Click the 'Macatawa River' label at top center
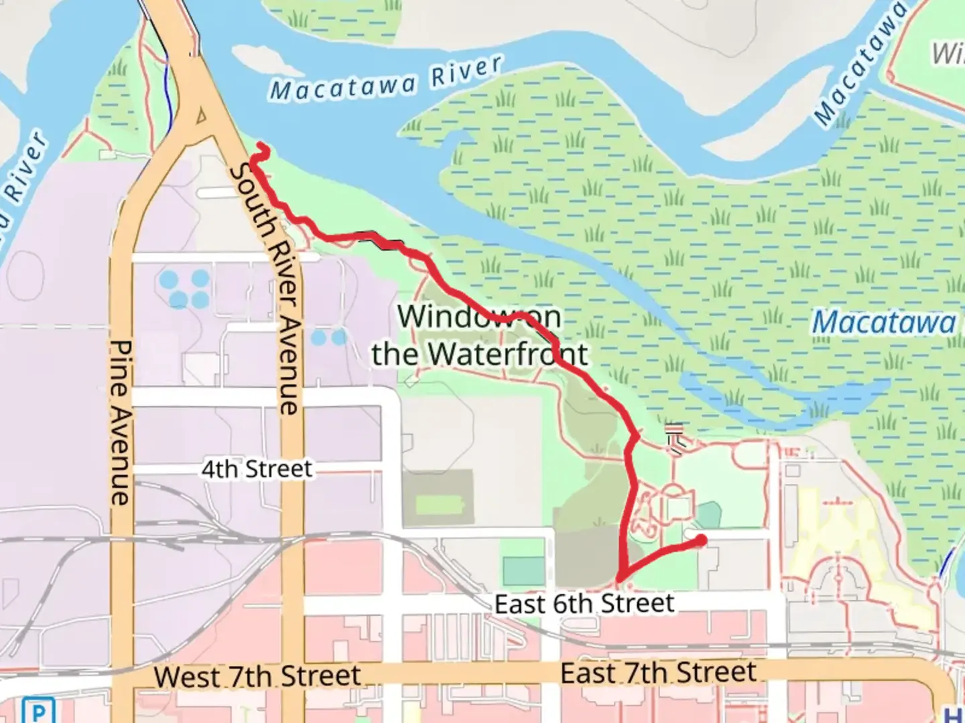coord(386,79)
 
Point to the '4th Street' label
coord(257,469)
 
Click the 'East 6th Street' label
coord(584,604)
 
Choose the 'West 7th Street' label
coord(257,676)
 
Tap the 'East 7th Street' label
coord(658,673)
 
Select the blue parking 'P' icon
coord(38,710)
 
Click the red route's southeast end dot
coord(701,540)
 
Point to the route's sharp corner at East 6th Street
coord(619,579)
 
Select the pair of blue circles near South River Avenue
coord(328,337)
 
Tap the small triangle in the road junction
coord(200,118)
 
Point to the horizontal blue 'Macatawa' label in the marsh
coord(884,323)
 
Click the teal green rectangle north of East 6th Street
coord(523,571)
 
